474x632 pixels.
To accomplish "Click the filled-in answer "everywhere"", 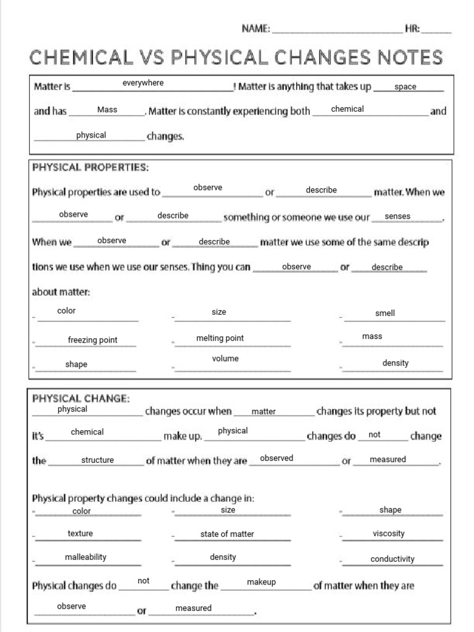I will (143, 83).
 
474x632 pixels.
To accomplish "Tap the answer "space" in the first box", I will (405, 87).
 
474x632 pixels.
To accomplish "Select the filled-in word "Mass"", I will (107, 109).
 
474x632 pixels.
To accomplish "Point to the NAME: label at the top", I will (256, 28).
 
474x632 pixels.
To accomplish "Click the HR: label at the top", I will (412, 28).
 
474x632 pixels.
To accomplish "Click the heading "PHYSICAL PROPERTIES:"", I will (90, 167).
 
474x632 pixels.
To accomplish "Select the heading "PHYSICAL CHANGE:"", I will (81, 399).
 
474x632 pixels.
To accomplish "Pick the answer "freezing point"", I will (93, 340).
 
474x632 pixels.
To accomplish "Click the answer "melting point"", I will (220, 338).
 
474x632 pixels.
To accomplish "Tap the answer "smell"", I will (385, 314).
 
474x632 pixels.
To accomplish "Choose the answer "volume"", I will (225, 359).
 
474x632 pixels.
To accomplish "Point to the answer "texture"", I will (80, 533).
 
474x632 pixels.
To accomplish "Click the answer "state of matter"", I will (227, 534).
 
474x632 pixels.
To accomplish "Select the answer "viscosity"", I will (389, 534).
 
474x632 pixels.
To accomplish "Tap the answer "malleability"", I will (86, 557).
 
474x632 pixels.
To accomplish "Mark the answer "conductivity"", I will (393, 559).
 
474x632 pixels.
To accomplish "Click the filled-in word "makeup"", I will (261, 582).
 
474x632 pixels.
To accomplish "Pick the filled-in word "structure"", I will (98, 460).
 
